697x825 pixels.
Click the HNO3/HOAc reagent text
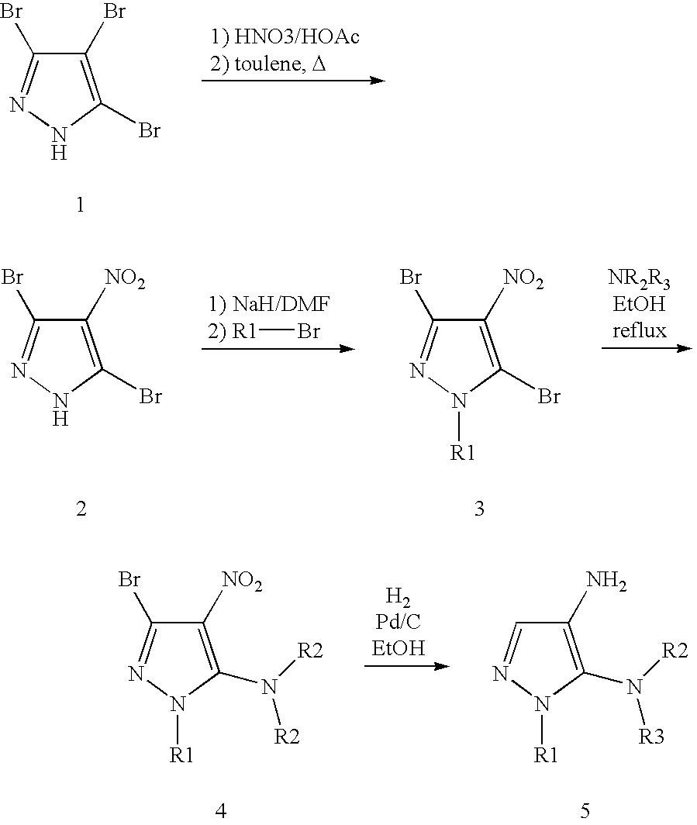297,37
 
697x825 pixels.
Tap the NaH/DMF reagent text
281,304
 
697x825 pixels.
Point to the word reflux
639,330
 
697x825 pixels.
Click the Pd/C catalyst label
399,621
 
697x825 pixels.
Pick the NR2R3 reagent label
639,278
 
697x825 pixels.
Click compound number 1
80,205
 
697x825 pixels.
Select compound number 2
81,509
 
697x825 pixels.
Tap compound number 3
479,509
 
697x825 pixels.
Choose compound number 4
221,811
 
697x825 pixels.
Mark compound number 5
585,811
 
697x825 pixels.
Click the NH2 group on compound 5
606,581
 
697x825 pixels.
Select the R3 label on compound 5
651,737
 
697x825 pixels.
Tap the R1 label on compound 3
462,453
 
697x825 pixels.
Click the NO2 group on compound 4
242,581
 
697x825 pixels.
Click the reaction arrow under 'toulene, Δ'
294,81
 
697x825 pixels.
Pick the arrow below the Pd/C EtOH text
407,666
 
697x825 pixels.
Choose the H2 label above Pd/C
399,597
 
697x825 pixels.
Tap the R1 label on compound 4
181,756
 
